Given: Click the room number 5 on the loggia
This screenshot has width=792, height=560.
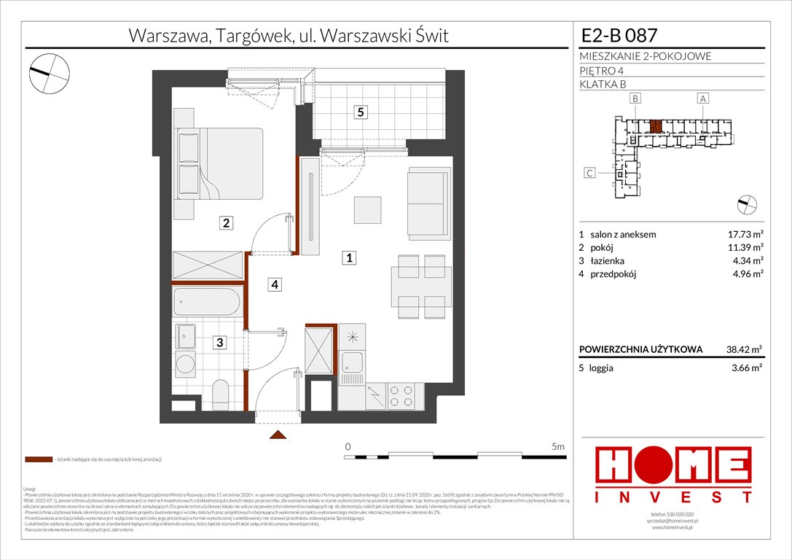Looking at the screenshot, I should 360,112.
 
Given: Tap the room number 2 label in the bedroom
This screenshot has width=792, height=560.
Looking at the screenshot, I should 227,224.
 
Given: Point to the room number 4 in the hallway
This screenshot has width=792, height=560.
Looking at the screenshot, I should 274,284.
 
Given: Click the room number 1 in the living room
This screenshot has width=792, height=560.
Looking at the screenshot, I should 350,257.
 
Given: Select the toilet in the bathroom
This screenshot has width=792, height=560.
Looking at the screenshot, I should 219,393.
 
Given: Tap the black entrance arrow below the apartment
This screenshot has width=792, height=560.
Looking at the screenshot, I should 277,435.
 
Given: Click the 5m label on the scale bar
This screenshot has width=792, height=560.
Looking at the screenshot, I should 558,446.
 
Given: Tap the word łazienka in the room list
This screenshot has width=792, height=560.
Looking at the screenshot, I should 608,260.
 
